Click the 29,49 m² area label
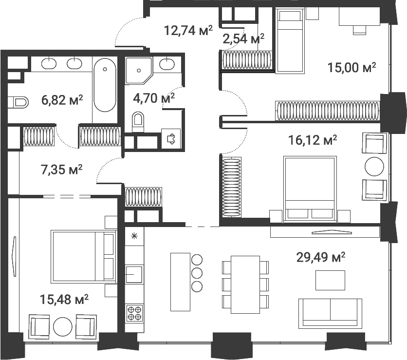point(321,257)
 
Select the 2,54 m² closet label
point(243,38)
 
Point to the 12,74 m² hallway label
point(188,31)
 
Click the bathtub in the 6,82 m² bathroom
point(105,85)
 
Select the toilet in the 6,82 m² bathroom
point(18,102)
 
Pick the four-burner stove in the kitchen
point(134,312)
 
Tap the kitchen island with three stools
point(180,281)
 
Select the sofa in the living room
point(330,312)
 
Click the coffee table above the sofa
point(330,280)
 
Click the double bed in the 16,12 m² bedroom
point(310,188)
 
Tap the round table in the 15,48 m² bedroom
point(63,327)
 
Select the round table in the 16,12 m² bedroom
point(374,166)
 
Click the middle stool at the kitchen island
point(197,273)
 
